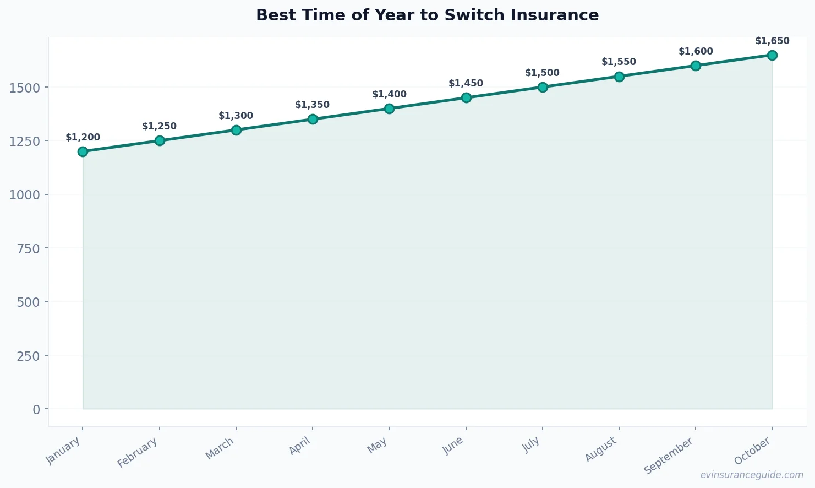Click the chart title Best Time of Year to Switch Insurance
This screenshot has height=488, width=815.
[427, 15]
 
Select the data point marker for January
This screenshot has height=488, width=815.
[83, 151]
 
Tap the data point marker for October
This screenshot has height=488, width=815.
[772, 55]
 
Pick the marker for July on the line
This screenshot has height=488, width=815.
[543, 87]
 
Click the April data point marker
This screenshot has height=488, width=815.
[313, 119]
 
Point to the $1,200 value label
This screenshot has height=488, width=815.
[83, 138]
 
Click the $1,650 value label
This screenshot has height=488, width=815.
[772, 41]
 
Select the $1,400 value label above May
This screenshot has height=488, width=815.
[389, 95]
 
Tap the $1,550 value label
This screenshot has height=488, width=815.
[619, 62]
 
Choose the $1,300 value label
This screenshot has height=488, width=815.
[236, 116]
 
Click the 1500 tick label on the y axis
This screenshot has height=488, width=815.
[25, 88]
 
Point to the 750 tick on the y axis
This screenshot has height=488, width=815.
[29, 248]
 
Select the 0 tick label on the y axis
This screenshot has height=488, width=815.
[36, 409]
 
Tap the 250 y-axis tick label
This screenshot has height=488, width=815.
[29, 356]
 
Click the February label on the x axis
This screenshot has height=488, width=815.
[138, 452]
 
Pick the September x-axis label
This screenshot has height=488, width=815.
[669, 456]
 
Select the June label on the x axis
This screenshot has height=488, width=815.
[454, 446]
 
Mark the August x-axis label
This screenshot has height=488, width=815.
[601, 449]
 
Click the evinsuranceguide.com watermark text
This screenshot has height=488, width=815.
[752, 475]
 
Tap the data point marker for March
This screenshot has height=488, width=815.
[236, 130]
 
